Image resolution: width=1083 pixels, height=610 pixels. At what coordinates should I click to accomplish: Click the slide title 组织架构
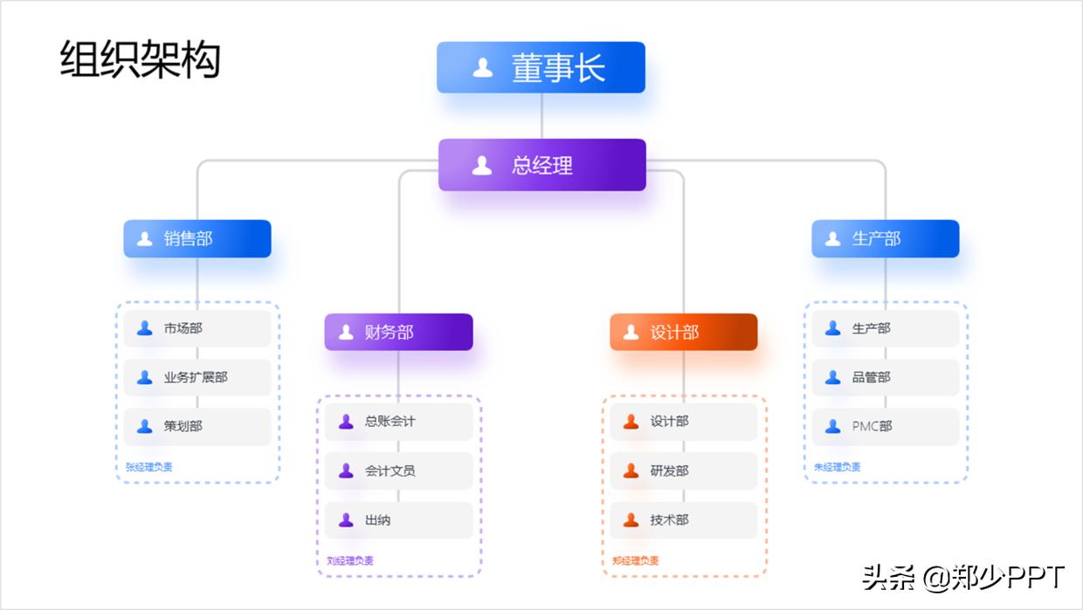(140, 60)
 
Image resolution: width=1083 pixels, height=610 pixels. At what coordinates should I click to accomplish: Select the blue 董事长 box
(541, 67)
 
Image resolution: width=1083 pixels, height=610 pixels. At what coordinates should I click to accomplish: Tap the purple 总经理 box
(541, 165)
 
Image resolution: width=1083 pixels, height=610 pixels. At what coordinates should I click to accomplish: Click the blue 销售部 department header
(197, 238)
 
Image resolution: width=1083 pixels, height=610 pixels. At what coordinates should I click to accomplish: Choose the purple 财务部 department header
(398, 332)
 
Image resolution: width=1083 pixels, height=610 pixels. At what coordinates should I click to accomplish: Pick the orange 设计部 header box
(683, 332)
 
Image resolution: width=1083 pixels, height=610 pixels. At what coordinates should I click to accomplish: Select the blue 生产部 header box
(885, 238)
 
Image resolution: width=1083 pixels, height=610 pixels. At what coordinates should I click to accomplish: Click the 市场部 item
(197, 328)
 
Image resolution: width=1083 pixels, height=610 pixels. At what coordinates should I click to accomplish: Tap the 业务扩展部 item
(197, 377)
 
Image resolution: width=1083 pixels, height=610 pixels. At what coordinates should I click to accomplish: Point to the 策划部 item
(197, 426)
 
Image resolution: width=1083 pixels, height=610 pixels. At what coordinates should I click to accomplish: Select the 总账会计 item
(398, 421)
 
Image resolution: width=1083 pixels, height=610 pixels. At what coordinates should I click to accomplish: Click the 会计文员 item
(398, 470)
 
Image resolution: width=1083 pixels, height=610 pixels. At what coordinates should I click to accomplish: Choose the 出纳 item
(398, 520)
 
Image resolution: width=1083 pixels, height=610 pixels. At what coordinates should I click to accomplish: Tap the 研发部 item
(683, 470)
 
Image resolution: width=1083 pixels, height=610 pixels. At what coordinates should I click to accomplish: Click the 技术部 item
(683, 520)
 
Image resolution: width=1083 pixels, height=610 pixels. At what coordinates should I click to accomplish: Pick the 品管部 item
(885, 377)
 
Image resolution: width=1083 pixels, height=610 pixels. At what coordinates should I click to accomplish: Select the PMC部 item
(885, 426)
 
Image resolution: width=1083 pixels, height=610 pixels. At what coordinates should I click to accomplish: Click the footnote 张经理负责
(144, 467)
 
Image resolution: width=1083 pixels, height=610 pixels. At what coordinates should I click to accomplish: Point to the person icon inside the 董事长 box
(482, 67)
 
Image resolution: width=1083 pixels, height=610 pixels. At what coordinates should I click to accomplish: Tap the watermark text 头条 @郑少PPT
(963, 577)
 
